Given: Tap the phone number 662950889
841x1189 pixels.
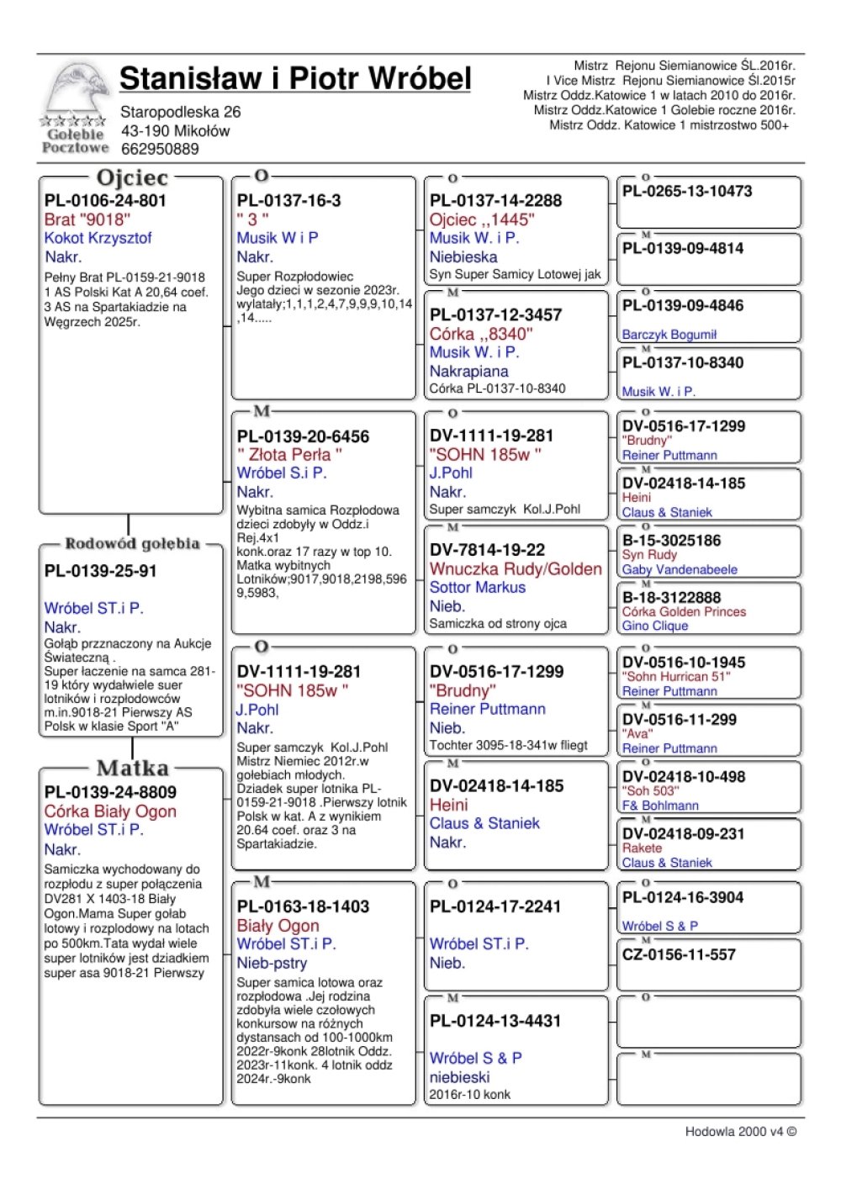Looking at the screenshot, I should click(160, 150).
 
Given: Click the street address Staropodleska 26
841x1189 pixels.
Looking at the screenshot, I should click(180, 112).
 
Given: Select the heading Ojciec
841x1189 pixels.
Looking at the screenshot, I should click(132, 178).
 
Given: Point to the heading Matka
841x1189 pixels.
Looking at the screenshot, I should click(132, 769).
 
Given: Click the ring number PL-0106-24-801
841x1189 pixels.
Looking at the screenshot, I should click(105, 201).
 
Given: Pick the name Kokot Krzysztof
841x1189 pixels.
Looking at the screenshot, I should click(98, 238).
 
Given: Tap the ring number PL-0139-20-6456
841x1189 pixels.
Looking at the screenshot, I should click(303, 437).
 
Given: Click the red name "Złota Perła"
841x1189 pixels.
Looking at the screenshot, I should click(289, 455).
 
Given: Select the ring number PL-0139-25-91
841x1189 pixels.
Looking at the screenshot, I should click(100, 572).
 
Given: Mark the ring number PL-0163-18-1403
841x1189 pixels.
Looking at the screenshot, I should click(303, 906).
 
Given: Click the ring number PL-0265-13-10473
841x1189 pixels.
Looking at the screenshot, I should click(687, 192).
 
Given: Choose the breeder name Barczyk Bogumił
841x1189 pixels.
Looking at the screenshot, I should click(669, 335).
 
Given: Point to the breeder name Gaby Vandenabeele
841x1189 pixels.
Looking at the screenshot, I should click(680, 569).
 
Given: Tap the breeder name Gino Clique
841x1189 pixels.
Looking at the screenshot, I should click(655, 626).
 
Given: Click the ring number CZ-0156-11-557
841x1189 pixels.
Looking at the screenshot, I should click(679, 955).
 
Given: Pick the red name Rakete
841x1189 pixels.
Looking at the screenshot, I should click(642, 848).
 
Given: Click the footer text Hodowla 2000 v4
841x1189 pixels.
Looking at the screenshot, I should click(740, 1132).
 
